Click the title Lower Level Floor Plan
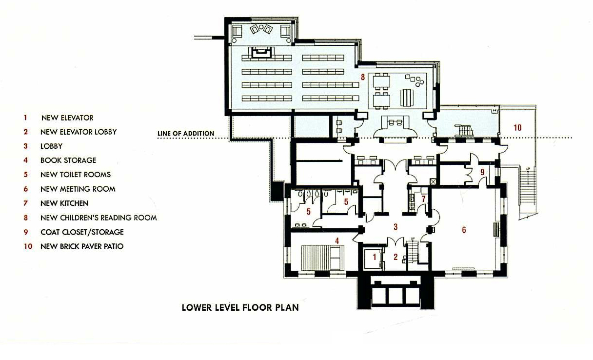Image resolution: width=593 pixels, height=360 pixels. pyautogui.click(x=240, y=307)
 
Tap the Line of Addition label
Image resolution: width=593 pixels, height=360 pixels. pyautogui.click(x=186, y=134)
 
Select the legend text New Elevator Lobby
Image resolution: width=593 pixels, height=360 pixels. pyautogui.click(x=79, y=132)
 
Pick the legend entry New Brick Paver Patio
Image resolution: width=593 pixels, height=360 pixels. pyautogui.click(x=82, y=246)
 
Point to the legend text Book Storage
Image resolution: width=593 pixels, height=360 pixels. pyautogui.click(x=68, y=160)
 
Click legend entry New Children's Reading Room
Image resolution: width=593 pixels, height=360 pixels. pyautogui.click(x=99, y=218)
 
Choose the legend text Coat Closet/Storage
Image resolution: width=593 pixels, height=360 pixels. pyautogui.click(x=82, y=232)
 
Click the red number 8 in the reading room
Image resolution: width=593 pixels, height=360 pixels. pyautogui.click(x=363, y=77)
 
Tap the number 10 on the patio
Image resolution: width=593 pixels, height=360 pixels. pyautogui.click(x=517, y=128)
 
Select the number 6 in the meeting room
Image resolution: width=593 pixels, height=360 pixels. pyautogui.click(x=464, y=230)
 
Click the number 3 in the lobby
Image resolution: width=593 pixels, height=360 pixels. pyautogui.click(x=395, y=227)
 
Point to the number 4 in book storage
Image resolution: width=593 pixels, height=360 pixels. pyautogui.click(x=337, y=241)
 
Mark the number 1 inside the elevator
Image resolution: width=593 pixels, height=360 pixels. pyautogui.click(x=375, y=257)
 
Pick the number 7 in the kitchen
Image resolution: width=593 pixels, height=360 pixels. pyautogui.click(x=423, y=199)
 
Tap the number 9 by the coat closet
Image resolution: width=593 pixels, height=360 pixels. pyautogui.click(x=482, y=172)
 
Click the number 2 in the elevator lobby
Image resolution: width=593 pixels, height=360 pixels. pyautogui.click(x=395, y=257)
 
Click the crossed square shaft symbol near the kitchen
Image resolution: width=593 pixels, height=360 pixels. pyautogui.click(x=433, y=182)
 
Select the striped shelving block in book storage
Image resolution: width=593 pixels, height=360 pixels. pyautogui.click(x=323, y=258)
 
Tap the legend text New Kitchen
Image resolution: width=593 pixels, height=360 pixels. pyautogui.click(x=64, y=203)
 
